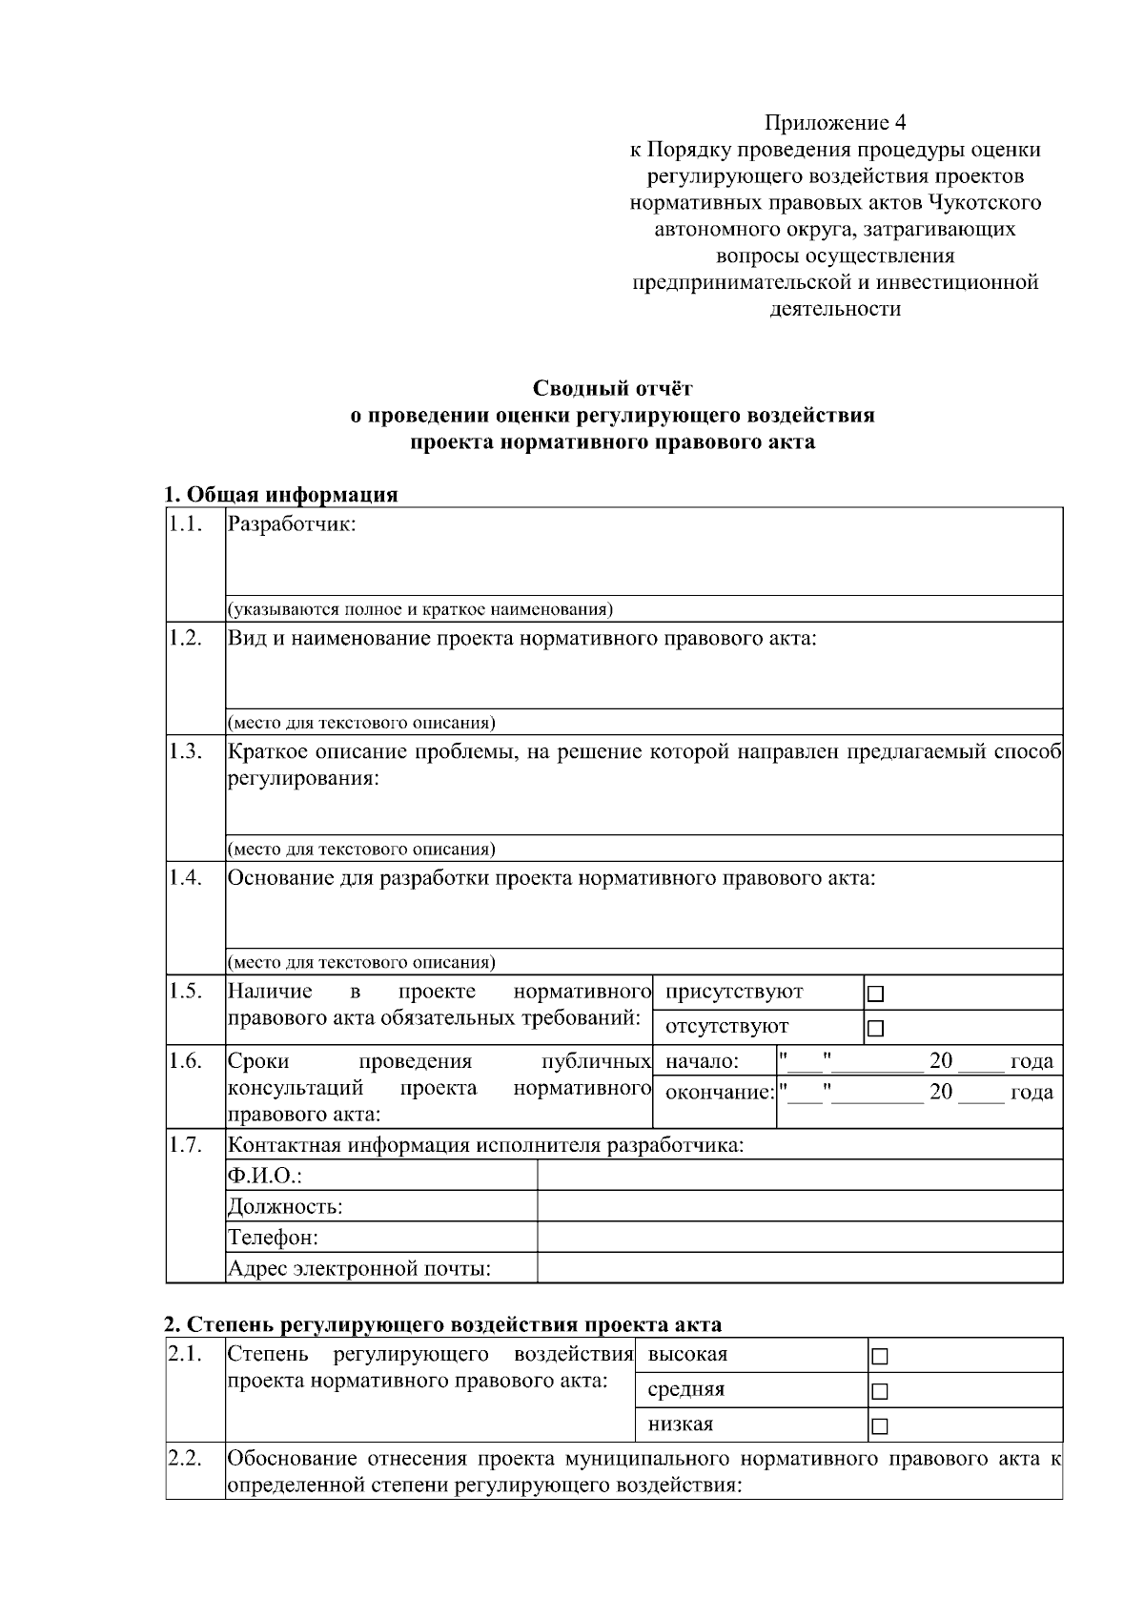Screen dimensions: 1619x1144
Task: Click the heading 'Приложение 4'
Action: [x=835, y=123]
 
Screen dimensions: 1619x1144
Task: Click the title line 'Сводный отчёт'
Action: [x=612, y=389]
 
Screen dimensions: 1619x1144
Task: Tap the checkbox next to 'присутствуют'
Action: [x=876, y=994]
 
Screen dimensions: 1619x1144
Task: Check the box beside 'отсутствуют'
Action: [x=876, y=1028]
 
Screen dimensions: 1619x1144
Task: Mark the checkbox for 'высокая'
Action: [x=879, y=1356]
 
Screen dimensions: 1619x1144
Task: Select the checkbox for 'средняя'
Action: [x=879, y=1391]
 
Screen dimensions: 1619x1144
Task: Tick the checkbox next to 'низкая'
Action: [x=879, y=1426]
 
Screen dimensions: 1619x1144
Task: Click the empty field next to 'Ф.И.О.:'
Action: [x=799, y=1176]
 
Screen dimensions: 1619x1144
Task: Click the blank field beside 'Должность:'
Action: [x=799, y=1207]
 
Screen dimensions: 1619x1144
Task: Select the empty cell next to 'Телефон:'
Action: [x=799, y=1238]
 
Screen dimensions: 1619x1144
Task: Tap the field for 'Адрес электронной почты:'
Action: [x=799, y=1269]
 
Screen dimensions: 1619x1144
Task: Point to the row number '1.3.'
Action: [x=185, y=751]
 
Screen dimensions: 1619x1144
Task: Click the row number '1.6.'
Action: [x=185, y=1061]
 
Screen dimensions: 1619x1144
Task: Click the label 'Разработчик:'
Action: [x=292, y=524]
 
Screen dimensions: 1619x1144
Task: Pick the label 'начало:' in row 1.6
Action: [x=702, y=1061]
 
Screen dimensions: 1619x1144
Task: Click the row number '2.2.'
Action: [x=185, y=1459]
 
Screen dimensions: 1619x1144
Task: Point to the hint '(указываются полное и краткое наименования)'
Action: [x=419, y=609]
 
